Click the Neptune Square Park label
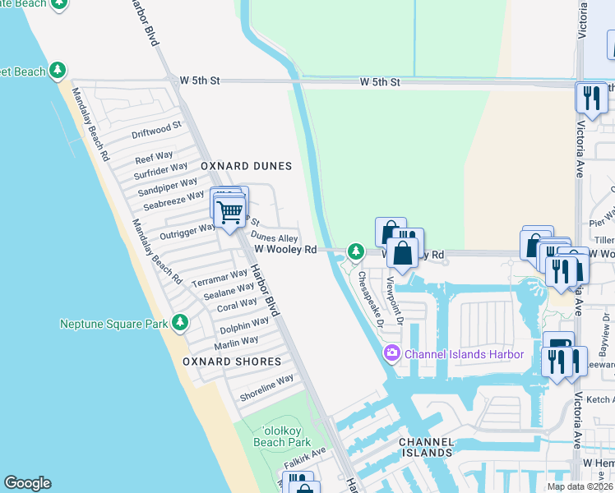point(113,324)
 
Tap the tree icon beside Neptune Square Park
point(180,324)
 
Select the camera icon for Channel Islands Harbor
point(391,354)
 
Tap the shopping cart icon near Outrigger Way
point(231,211)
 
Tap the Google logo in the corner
point(27,483)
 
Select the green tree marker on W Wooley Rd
point(355,251)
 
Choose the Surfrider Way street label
point(161,170)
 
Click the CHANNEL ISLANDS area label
point(426,447)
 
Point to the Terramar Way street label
point(220,278)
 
